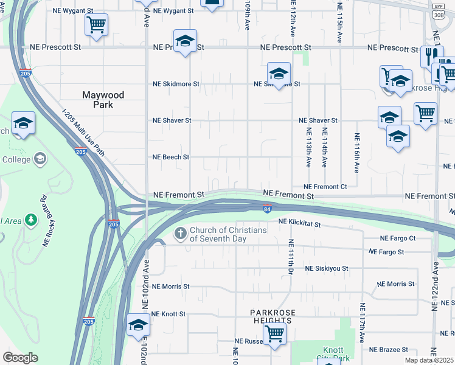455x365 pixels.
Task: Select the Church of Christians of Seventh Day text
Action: coord(228,234)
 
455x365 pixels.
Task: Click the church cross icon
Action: coord(181,233)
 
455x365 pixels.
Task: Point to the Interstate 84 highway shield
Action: coord(267,209)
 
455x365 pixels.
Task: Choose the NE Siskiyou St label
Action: coord(327,268)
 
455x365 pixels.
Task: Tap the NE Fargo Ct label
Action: coord(397,239)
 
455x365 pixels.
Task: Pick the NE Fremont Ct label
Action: coord(325,187)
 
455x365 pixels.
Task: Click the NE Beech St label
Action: coord(171,157)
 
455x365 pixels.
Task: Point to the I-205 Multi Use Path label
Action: coord(84,133)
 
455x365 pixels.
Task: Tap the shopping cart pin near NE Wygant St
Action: coord(96,25)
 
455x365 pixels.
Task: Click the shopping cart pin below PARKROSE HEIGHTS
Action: coord(274,333)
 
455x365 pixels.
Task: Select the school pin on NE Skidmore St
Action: coord(279,74)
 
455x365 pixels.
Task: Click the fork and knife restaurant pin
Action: coord(431,57)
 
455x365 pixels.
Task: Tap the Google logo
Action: coord(21,358)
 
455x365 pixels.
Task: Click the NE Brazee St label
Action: coord(389,350)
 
